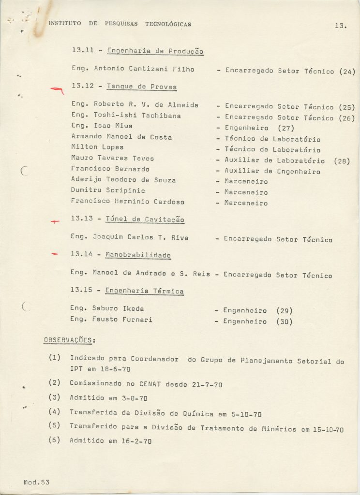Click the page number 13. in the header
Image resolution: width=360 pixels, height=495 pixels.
340,26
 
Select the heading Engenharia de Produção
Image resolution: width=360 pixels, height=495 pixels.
155,51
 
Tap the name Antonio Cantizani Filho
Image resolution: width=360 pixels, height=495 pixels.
144,69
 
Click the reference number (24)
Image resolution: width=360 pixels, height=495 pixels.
347,72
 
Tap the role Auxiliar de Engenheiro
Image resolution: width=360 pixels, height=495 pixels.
272,171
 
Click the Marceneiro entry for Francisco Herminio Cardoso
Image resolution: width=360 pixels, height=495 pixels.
246,203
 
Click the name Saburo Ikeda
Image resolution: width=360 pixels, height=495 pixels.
118,308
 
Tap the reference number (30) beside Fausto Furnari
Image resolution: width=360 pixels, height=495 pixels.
284,321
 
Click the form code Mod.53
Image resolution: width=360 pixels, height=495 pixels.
36,482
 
